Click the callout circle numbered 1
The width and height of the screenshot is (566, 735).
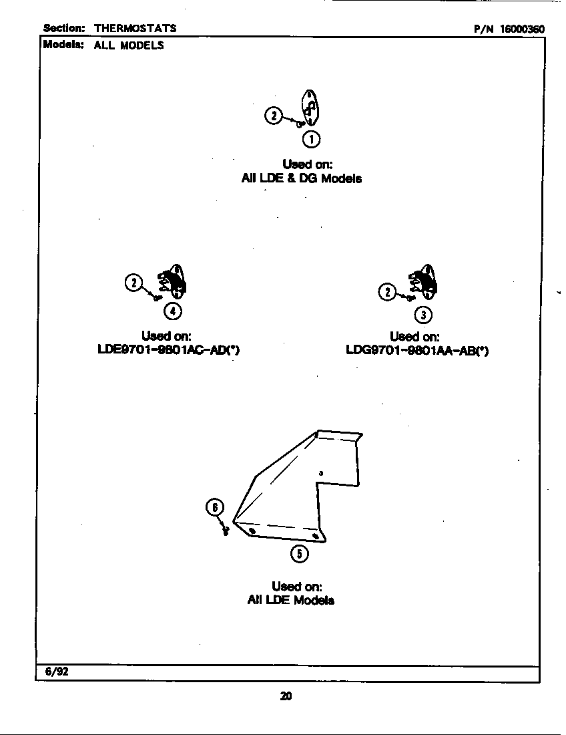311,139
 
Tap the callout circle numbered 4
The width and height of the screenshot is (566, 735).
172,310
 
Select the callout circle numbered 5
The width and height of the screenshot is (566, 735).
298,554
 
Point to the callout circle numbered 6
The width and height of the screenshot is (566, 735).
214,508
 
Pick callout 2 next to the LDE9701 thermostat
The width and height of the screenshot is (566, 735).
134,283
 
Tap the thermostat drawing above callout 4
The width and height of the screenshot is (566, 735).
174,282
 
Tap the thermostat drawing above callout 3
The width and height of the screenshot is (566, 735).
425,284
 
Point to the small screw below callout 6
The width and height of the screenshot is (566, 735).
226,531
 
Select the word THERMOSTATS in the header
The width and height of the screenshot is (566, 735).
135,29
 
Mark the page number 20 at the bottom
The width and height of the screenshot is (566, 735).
286,696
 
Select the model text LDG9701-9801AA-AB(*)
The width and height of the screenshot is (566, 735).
417,351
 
